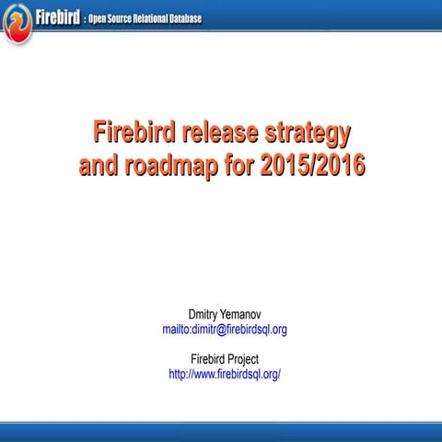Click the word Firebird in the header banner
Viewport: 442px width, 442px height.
58,17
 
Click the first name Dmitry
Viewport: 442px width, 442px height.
203,315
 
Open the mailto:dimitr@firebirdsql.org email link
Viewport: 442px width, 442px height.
224,330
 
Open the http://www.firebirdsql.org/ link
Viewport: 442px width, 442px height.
224,374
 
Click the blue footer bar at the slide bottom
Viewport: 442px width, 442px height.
221,428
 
